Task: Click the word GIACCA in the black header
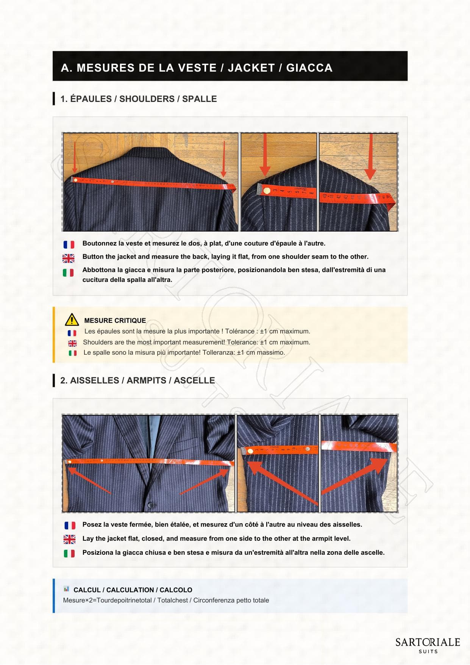pyautogui.click(x=309, y=68)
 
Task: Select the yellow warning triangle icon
pyautogui.click(x=72, y=320)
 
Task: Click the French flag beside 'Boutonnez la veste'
pyautogui.click(x=69, y=244)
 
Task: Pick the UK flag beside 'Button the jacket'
pyautogui.click(x=69, y=258)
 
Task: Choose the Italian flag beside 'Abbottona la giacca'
pyautogui.click(x=68, y=272)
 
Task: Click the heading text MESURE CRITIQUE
pyautogui.click(x=115, y=321)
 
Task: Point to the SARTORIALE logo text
pyautogui.click(x=428, y=642)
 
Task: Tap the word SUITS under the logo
pyautogui.click(x=428, y=652)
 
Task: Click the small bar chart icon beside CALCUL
pyautogui.click(x=67, y=589)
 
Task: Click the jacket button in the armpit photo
pyautogui.click(x=150, y=505)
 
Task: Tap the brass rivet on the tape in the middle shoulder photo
pyautogui.click(x=267, y=191)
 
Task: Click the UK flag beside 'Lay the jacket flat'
pyautogui.click(x=69, y=539)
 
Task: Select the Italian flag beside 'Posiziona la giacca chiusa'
pyautogui.click(x=69, y=554)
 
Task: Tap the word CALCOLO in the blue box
pyautogui.click(x=176, y=590)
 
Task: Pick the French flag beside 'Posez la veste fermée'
pyautogui.click(x=70, y=526)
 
